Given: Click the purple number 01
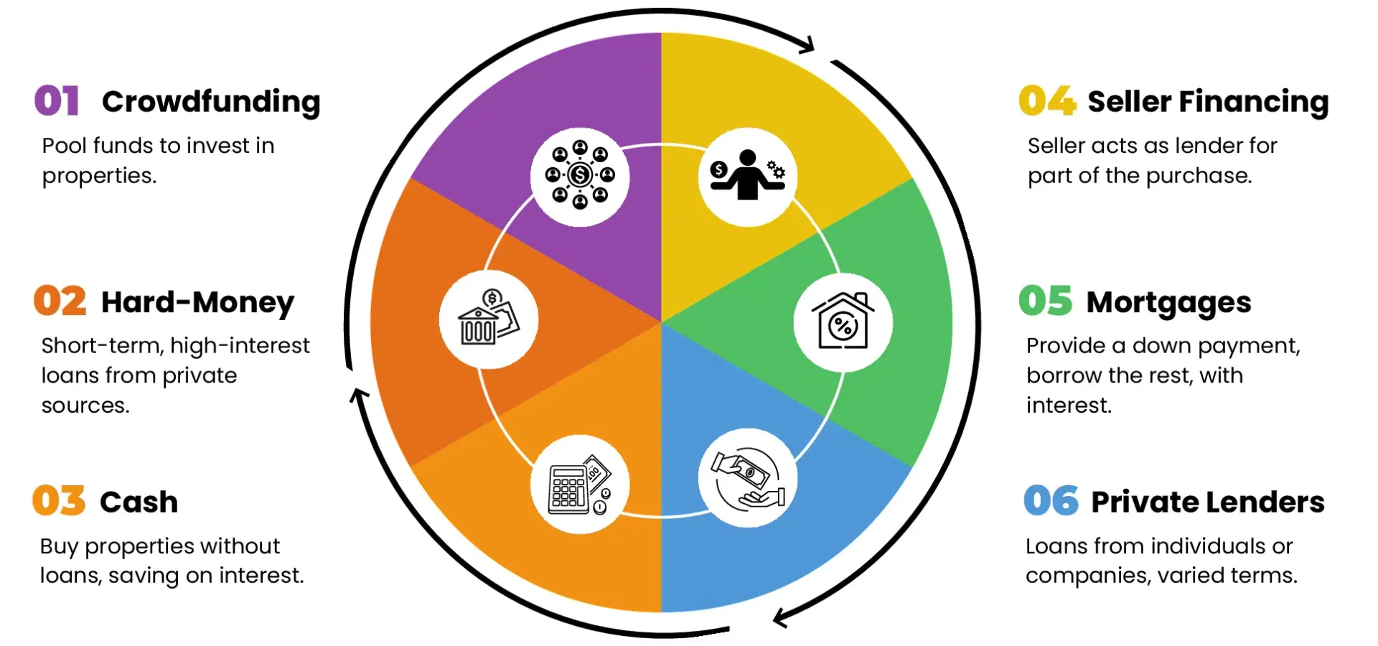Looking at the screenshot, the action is coord(57,100).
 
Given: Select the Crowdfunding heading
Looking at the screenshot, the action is coord(211,102).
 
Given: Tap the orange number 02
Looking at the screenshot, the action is coord(60,301).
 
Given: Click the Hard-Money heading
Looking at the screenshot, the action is coord(198,302).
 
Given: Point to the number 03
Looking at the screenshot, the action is coord(59,500).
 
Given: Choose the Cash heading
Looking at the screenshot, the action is coord(139,502).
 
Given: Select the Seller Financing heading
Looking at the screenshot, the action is coord(1209,102).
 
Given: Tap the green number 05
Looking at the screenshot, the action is coord(1046,301).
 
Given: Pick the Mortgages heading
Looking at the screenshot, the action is coord(1169,303).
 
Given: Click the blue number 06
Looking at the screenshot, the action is coord(1051,500).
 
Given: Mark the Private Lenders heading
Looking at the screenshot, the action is coord(1208,502).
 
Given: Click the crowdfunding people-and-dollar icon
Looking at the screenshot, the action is coord(580,176).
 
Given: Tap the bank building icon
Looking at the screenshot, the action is coord(489,319).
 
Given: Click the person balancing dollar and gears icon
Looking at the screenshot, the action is coord(748,175).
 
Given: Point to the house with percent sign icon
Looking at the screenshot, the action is coord(843,321).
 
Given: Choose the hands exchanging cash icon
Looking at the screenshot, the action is coord(748,479).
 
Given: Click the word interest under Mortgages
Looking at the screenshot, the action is coord(1069,406).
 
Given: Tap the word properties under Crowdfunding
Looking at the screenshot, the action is coord(99,177).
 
